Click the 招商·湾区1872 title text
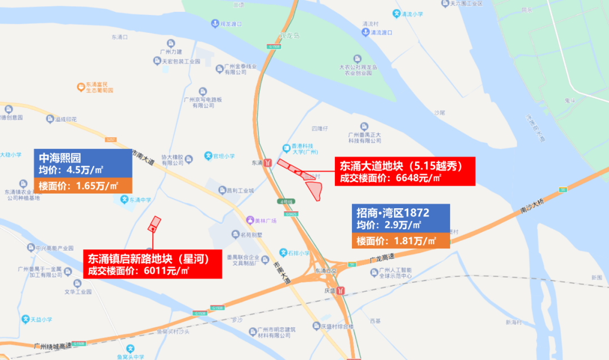[392, 213]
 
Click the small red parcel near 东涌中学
[154, 224]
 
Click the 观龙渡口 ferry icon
[215, 24]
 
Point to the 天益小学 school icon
[25, 319]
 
